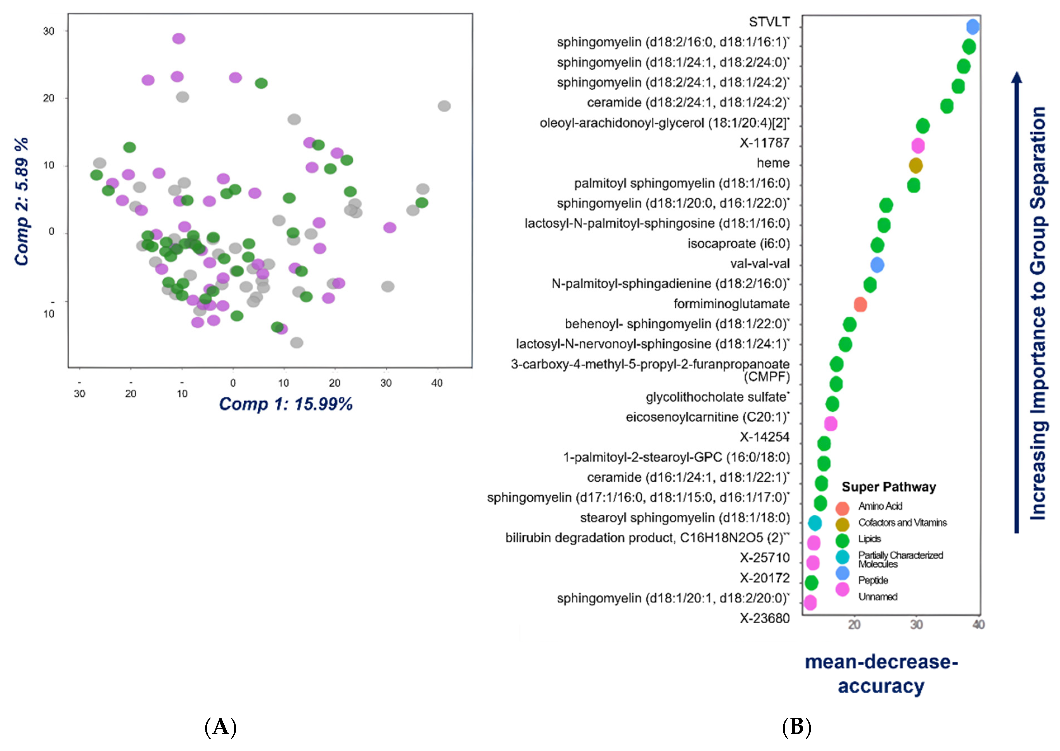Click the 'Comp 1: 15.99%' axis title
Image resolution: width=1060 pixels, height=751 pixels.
pos(286,404)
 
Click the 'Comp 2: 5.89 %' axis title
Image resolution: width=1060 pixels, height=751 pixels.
pos(22,202)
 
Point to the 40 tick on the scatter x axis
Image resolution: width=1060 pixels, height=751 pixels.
pos(437,383)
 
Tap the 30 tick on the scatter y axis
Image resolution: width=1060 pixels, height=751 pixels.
pos(49,31)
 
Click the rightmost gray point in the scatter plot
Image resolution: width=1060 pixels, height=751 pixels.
pos(444,106)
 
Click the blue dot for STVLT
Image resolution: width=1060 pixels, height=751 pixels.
pos(973,27)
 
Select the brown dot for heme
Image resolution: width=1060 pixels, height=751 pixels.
pos(915,165)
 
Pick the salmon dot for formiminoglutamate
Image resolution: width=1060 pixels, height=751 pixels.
pos(860,305)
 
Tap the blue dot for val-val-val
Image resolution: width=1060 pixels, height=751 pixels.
pos(877,265)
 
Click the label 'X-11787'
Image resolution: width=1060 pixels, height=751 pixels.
pos(764,143)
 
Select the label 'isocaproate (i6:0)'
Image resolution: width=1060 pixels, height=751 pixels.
pos(738,244)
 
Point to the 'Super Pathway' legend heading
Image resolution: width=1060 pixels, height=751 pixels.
pos(889,487)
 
